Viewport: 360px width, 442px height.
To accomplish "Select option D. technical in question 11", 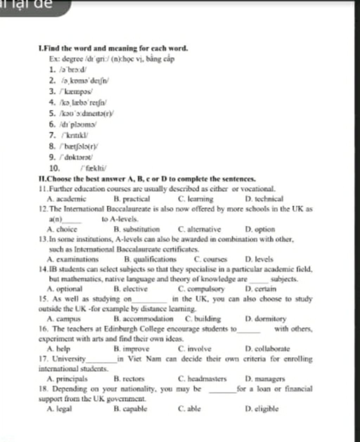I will point(264,199).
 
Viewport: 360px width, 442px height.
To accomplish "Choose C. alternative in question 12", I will point(199,229).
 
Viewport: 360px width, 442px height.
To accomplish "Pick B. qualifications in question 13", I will point(150,260).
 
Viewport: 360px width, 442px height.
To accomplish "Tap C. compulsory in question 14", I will point(201,290).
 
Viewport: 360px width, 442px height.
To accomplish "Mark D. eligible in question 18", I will point(262,409).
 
